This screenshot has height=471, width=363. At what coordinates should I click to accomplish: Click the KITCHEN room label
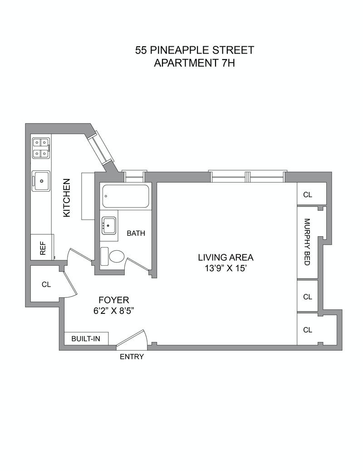(x=67, y=198)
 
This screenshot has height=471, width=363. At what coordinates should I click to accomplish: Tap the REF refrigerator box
(x=43, y=248)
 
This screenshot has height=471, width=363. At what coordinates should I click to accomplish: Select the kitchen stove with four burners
(x=40, y=148)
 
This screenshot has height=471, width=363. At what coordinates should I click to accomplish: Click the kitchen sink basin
(x=41, y=181)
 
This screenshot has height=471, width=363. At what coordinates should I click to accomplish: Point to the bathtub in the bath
(x=126, y=196)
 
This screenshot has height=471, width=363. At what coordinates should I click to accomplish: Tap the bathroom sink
(x=108, y=225)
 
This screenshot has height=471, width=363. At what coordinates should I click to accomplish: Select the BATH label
(x=136, y=233)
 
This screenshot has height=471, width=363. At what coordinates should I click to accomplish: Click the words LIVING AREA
(x=226, y=258)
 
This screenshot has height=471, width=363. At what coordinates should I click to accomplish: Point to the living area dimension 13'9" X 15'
(x=226, y=268)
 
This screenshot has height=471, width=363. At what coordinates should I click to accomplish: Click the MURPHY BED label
(x=307, y=242)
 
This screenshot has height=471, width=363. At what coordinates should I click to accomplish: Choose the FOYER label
(x=114, y=300)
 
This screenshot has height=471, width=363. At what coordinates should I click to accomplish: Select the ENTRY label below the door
(x=132, y=357)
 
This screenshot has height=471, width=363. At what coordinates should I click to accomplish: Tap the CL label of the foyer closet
(x=46, y=285)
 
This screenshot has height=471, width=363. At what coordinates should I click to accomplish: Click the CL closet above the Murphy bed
(x=308, y=194)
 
